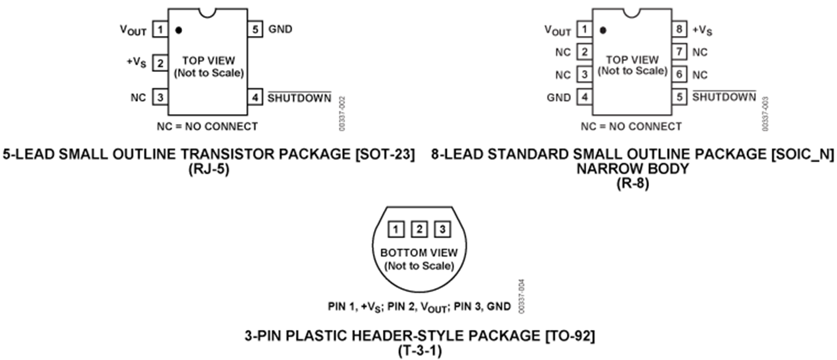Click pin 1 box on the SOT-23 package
[160, 30]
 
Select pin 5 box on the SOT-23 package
[255, 30]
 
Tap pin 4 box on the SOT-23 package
[255, 97]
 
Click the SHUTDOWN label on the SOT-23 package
[299, 98]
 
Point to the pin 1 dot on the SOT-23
[179, 30]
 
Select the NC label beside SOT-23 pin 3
[139, 97]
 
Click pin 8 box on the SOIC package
[679, 30]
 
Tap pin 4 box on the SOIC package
[584, 97]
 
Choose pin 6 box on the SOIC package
[679, 75]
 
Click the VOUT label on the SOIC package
[558, 31]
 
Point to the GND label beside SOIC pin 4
[558, 97]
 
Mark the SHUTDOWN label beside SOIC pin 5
[724, 97]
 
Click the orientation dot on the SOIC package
[603, 30]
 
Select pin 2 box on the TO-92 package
[419, 230]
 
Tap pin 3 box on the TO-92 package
[442, 230]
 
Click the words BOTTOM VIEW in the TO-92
[419, 253]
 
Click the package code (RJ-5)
[209, 169]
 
